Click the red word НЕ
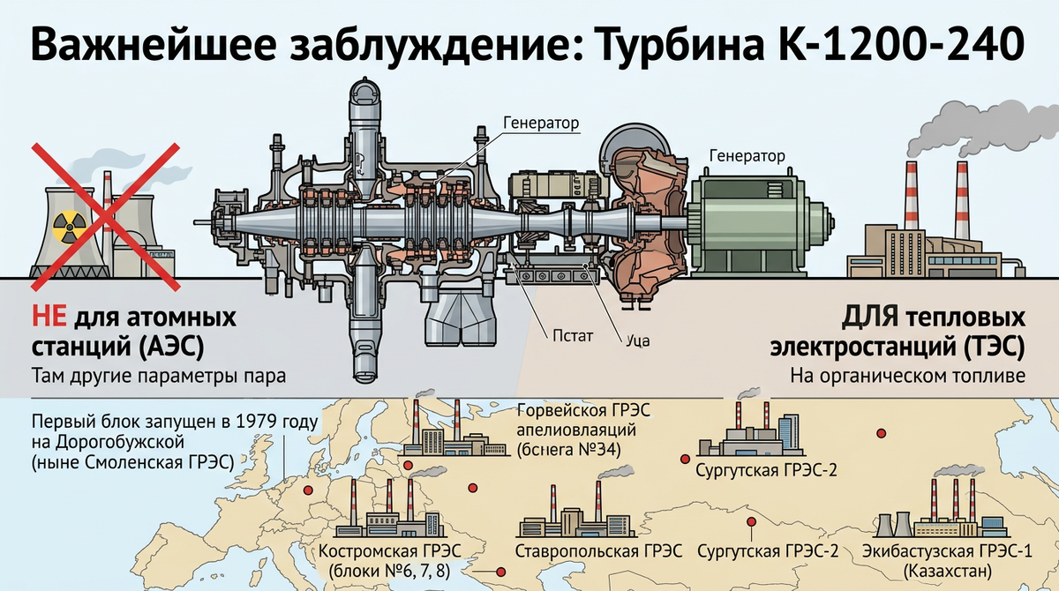pos(49,317)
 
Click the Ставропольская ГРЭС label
pos(600,551)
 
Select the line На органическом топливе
pos(907,375)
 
